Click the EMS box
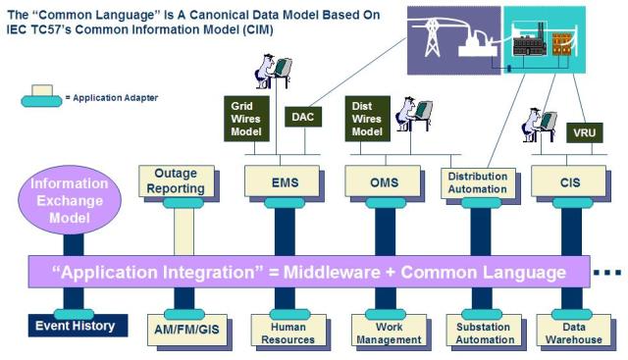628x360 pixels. tap(282, 181)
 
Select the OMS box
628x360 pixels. tap(383, 181)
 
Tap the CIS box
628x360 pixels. tap(568, 181)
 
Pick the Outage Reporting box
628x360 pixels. tap(177, 181)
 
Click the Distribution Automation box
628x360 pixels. tap(478, 183)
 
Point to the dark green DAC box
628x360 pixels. tap(303, 117)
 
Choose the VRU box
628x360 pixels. tap(585, 132)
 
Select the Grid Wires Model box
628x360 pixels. tap(246, 119)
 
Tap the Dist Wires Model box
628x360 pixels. tap(368, 119)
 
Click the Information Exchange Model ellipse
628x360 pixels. tap(70, 200)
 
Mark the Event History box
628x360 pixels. tap(78, 326)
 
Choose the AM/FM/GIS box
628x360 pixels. tap(187, 330)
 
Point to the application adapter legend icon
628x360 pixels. tap(41, 96)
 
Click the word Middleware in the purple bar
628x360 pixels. tap(332, 273)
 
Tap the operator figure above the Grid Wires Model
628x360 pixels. tap(273, 72)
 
